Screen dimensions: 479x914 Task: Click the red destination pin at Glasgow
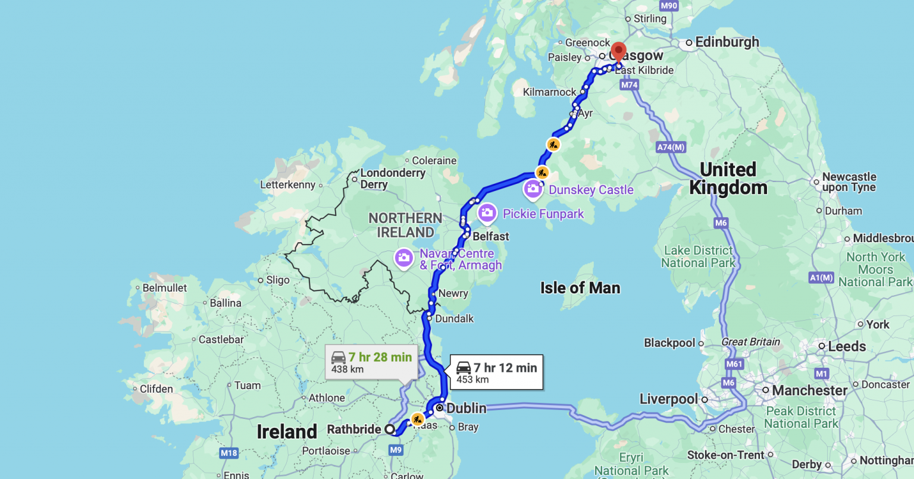tap(619, 51)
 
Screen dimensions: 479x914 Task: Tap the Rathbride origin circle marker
tap(390, 429)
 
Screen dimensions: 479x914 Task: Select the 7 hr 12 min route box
tap(496, 373)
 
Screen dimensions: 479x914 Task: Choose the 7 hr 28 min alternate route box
tap(371, 362)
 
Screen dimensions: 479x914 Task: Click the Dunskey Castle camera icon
tap(533, 190)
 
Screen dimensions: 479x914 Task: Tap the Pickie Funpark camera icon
tap(487, 213)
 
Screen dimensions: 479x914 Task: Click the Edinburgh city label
tap(727, 42)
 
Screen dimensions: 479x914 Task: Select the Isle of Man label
tap(580, 288)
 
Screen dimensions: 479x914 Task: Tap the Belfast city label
tap(490, 236)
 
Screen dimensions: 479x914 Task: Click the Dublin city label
tap(466, 408)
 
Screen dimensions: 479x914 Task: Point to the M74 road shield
tap(630, 85)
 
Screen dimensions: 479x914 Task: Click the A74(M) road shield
tap(671, 147)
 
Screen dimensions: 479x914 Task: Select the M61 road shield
tap(734, 364)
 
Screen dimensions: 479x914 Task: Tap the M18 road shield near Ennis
tap(229, 453)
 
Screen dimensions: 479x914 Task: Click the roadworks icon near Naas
tap(418, 419)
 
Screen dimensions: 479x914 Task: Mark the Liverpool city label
tap(668, 399)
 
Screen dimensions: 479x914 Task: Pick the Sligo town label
tap(277, 280)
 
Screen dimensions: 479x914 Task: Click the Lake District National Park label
tap(698, 256)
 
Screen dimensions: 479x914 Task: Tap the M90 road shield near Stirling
tap(669, 6)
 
